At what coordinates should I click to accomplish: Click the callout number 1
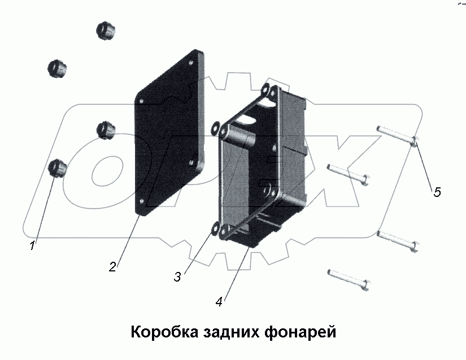(x=33, y=245)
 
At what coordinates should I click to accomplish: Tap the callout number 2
(x=113, y=267)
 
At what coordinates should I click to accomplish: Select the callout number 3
(x=177, y=276)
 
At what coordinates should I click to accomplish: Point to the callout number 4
(x=219, y=301)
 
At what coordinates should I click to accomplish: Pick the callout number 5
(x=437, y=192)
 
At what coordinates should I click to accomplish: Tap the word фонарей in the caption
(x=300, y=331)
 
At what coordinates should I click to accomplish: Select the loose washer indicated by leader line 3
(x=215, y=229)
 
